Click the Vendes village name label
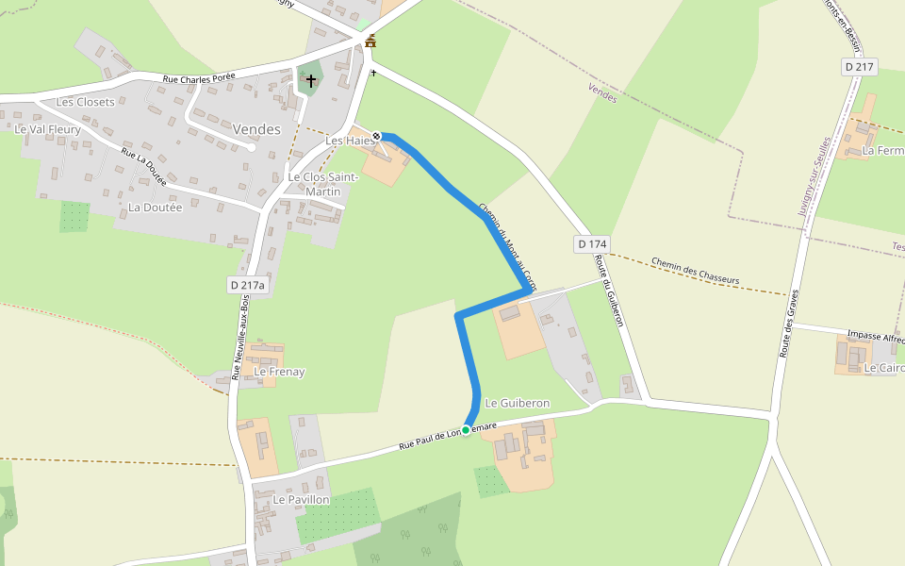[x=257, y=129]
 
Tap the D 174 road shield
[x=592, y=244]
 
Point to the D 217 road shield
[x=860, y=67]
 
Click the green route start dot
[x=466, y=430]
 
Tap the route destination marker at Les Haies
[x=376, y=136]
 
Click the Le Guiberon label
[x=517, y=403]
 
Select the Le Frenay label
[x=279, y=372]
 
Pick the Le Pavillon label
[x=301, y=498]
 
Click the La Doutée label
[x=155, y=207]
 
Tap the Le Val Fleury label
[x=47, y=129]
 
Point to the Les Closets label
[x=85, y=102]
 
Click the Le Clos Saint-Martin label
[x=322, y=184]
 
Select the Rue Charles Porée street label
[x=199, y=77]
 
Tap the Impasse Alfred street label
[x=875, y=336]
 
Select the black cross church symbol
[x=310, y=81]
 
